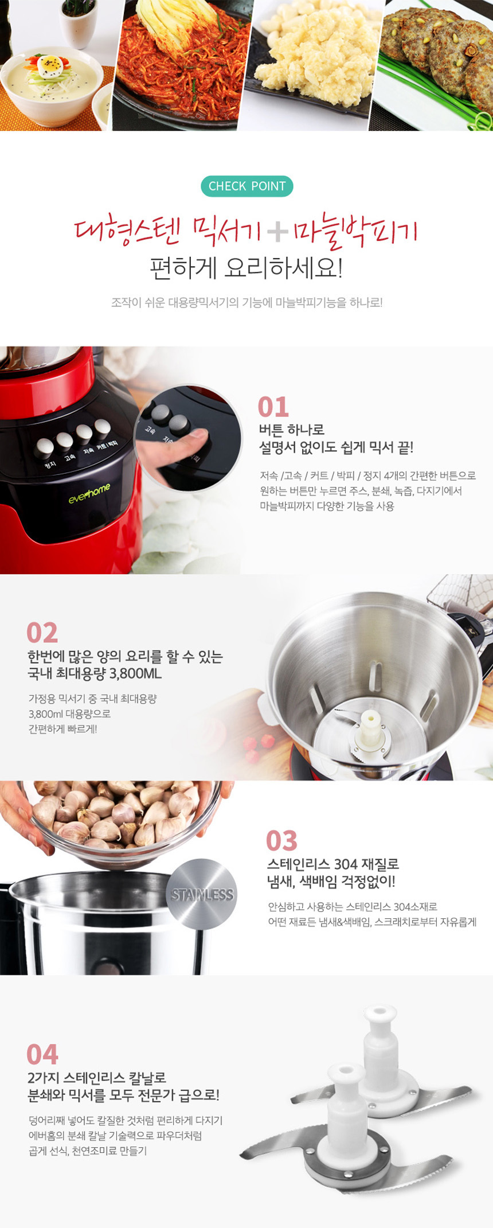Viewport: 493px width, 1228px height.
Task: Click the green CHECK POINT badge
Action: point(246,186)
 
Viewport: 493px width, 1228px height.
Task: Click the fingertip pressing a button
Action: point(194,440)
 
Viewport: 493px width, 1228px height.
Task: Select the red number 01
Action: point(273,407)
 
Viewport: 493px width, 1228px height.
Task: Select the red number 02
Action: point(42,633)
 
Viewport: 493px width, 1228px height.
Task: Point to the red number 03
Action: point(281,841)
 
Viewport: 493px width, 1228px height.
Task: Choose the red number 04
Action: point(42,1054)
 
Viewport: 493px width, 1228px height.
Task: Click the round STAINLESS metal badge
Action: point(202,894)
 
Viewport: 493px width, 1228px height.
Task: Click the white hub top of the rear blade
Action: point(381,1013)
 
